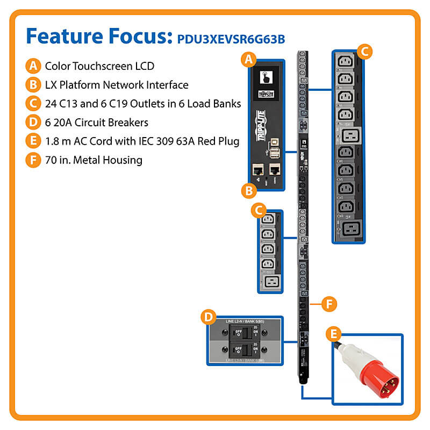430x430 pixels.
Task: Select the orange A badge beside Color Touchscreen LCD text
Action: pyautogui.click(x=33, y=66)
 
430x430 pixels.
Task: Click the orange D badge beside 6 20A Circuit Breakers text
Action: pyautogui.click(x=33, y=122)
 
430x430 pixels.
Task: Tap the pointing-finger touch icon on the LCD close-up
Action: pyautogui.click(x=264, y=76)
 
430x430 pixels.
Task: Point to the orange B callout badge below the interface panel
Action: pyautogui.click(x=248, y=190)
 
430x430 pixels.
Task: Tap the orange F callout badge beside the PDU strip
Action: pyautogui.click(x=329, y=304)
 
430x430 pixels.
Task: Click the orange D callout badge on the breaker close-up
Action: pyautogui.click(x=207, y=317)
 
